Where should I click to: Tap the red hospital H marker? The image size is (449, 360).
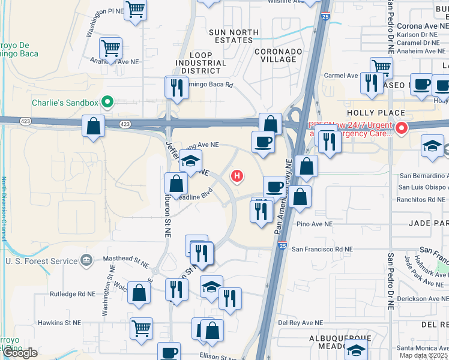click(x=238, y=176)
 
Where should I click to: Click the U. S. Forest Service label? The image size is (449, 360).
click(x=41, y=261)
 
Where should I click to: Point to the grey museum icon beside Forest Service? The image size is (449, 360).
click(x=87, y=260)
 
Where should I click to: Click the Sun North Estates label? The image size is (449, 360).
click(x=234, y=36)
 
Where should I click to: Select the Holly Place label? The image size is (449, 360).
click(x=376, y=113)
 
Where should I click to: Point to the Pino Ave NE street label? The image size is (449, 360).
click(x=315, y=224)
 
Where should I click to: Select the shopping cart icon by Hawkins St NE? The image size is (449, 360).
click(x=141, y=328)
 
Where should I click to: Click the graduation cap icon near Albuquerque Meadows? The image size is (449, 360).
click(x=357, y=351)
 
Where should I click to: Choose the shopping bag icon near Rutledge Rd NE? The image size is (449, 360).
click(x=139, y=293)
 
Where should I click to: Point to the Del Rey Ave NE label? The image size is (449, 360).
click(x=301, y=323)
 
